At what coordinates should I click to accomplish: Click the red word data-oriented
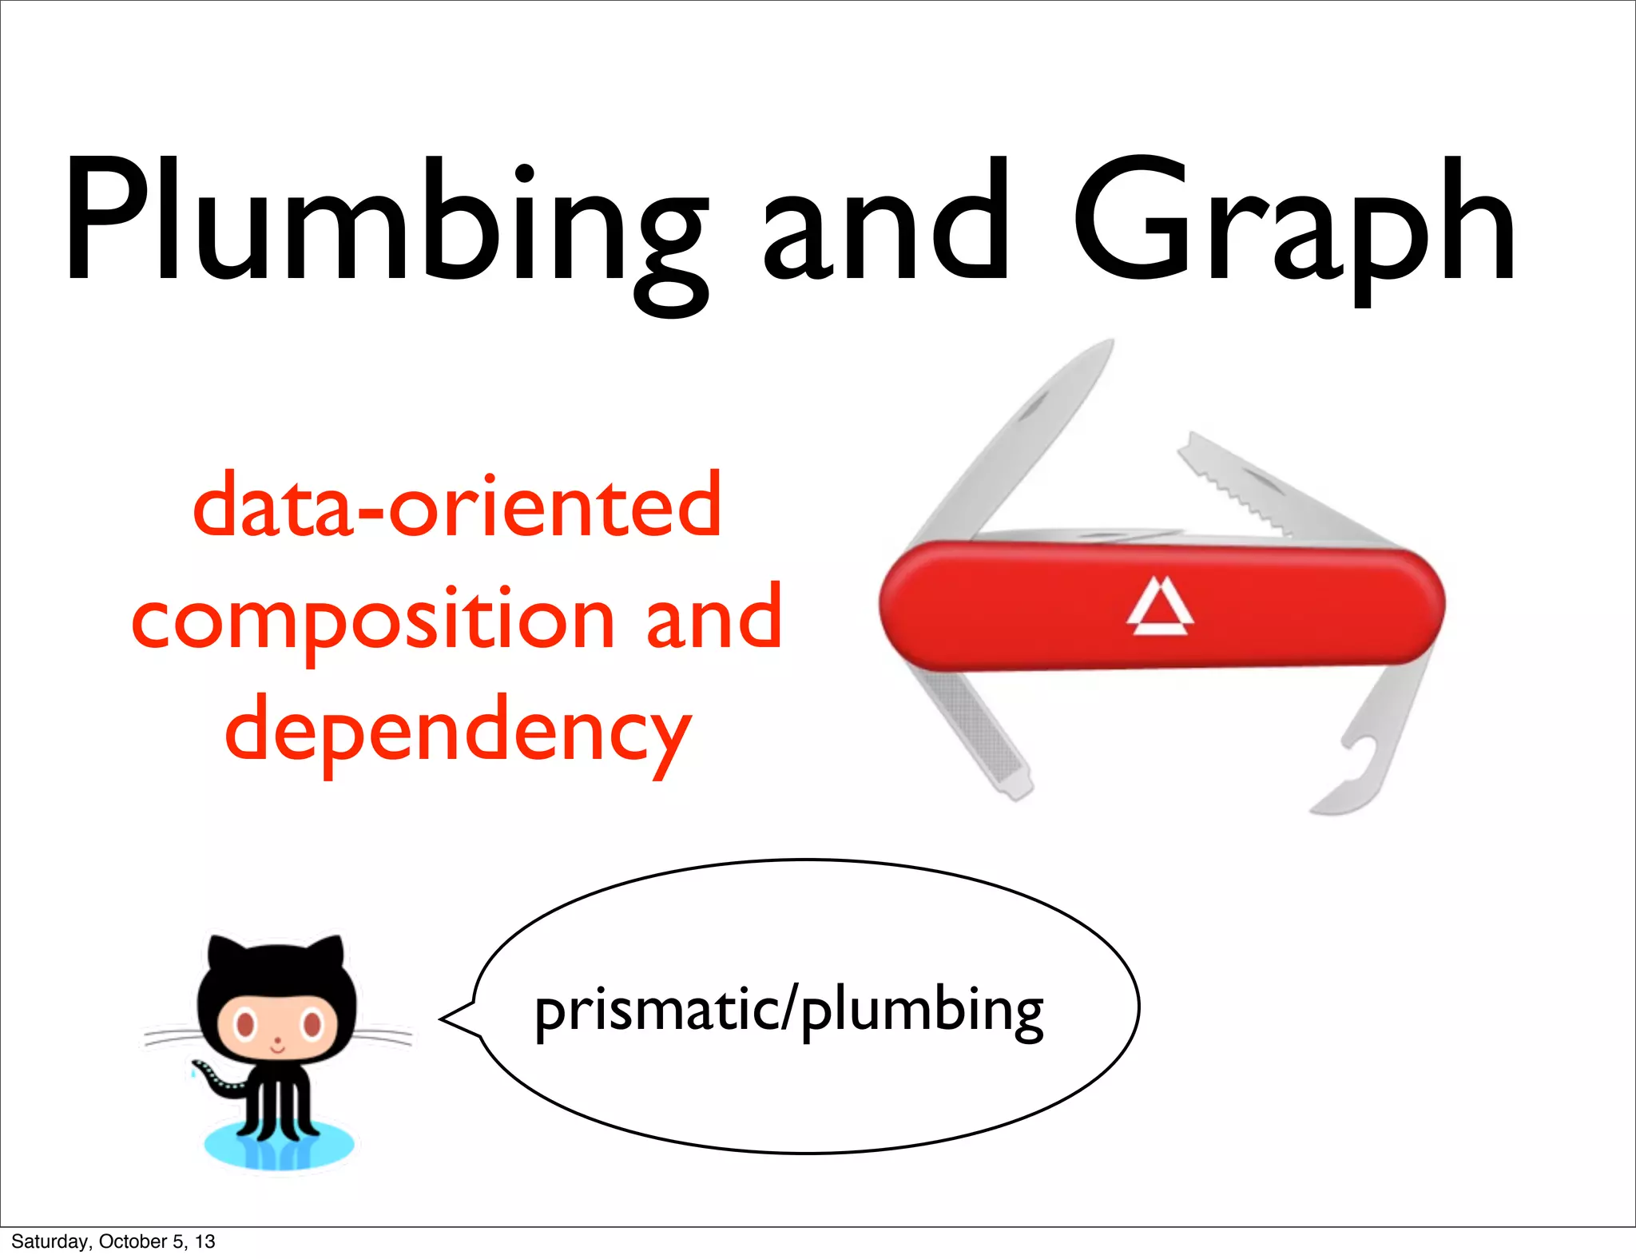tap(457, 506)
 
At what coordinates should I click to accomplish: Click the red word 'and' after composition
tap(713, 618)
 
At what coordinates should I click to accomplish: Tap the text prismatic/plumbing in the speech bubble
tap(788, 1011)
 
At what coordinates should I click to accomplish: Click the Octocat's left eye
tap(244, 1023)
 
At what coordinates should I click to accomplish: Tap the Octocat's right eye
tap(312, 1023)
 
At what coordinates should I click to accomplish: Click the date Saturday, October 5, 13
tap(113, 1241)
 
